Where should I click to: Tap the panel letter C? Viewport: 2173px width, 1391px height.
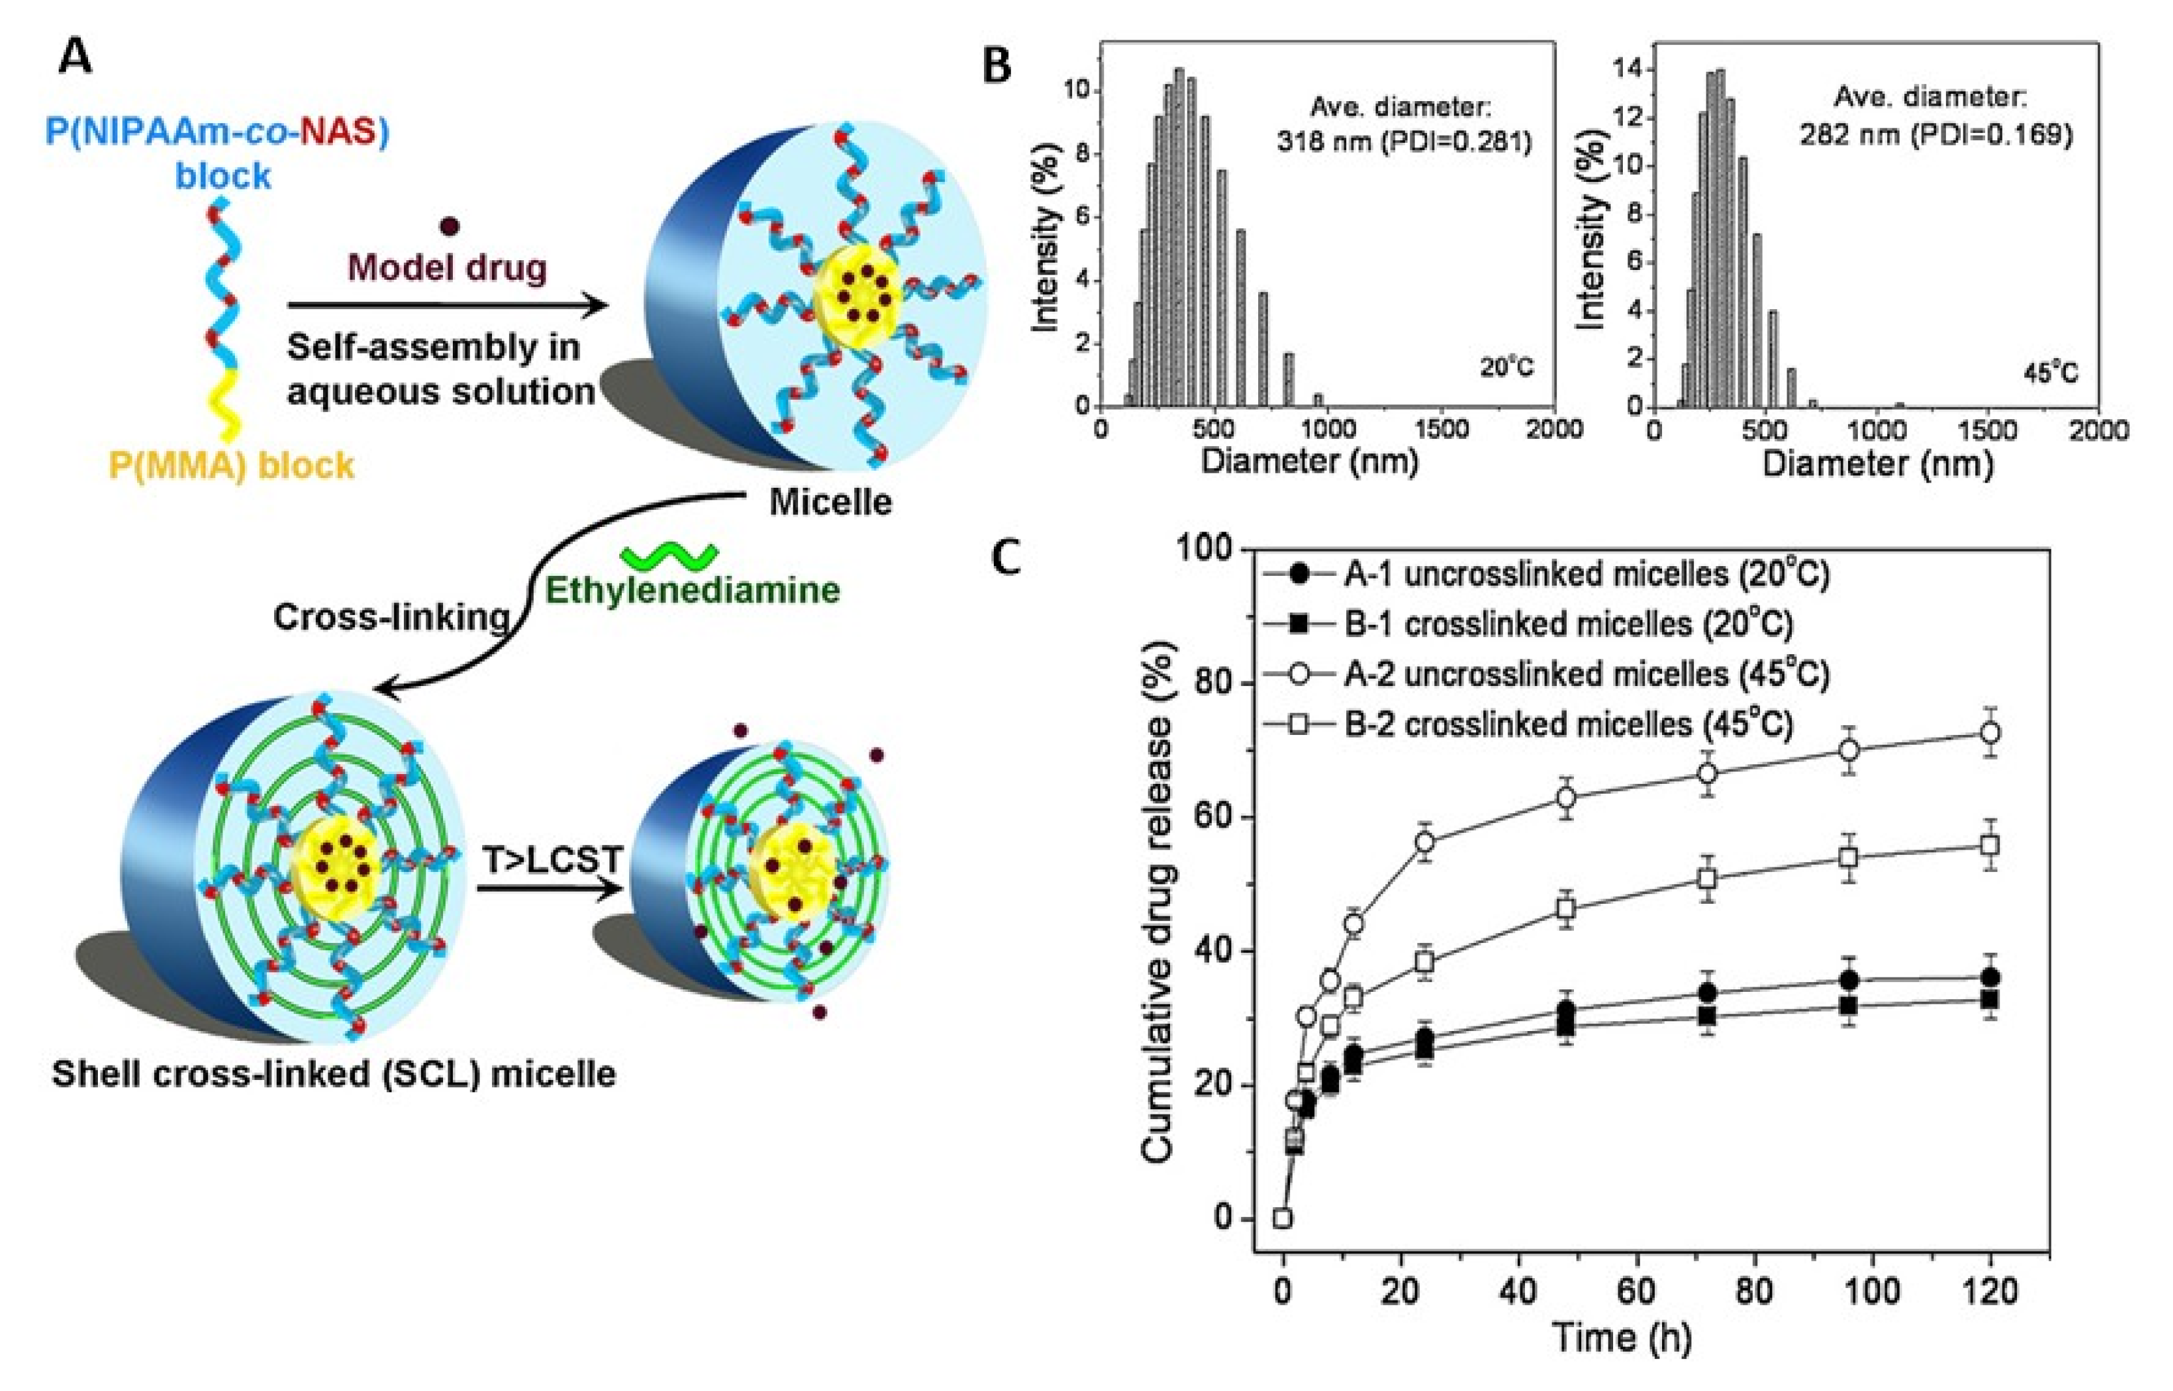(x=1006, y=558)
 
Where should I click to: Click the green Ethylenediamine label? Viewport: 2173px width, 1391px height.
(x=692, y=590)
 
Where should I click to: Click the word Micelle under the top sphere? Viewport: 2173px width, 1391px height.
(x=830, y=502)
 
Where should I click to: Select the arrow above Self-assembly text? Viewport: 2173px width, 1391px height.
(x=447, y=307)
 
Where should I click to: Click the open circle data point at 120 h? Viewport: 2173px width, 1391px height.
(x=1989, y=734)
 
